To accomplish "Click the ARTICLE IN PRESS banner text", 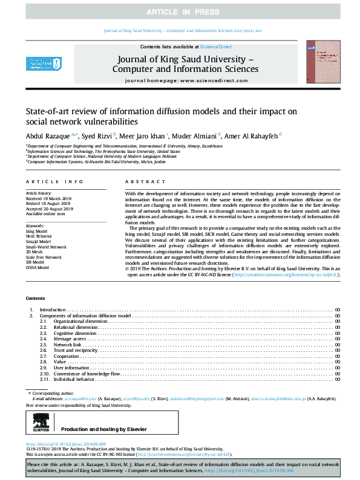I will pos(180,11).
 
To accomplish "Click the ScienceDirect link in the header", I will pos(216,47).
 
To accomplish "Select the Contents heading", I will pos(35,299).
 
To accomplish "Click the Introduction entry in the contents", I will pos(53,310).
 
